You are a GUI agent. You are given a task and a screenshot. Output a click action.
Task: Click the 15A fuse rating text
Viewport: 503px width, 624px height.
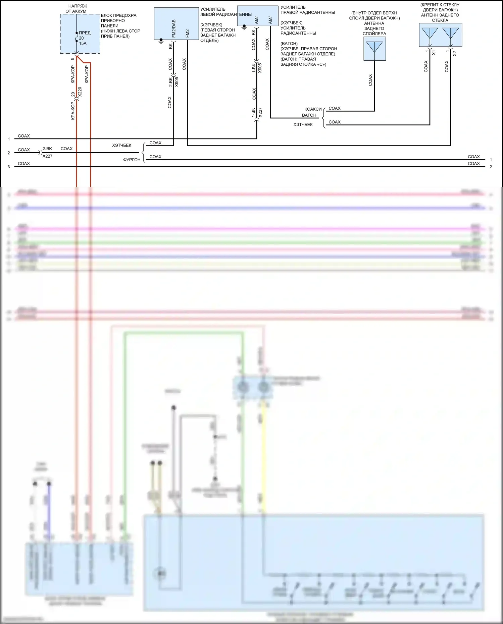[x=83, y=43]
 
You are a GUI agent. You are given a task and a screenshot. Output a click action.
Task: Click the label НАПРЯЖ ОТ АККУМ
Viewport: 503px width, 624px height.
[x=78, y=9]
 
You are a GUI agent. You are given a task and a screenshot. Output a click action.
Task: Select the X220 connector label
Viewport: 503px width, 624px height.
[x=80, y=92]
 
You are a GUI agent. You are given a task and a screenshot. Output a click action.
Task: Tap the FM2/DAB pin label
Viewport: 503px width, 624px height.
[x=174, y=29]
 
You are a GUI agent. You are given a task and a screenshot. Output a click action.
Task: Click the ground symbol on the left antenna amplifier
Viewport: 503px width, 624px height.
[x=161, y=41]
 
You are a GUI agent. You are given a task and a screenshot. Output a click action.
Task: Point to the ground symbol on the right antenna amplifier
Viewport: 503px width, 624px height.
[x=244, y=27]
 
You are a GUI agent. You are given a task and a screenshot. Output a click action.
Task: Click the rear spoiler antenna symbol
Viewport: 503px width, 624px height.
[x=374, y=47]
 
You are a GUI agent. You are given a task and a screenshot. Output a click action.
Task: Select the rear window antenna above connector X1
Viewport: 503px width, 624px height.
[x=430, y=34]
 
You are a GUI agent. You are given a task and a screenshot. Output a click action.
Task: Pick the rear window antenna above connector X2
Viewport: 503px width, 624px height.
[x=450, y=34]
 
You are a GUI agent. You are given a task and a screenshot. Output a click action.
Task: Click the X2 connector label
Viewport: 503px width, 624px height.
[x=455, y=53]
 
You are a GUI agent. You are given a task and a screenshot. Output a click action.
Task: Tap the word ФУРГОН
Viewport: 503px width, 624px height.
[x=132, y=160]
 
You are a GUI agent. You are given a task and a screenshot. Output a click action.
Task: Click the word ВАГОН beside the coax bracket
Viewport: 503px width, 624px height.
[x=309, y=115]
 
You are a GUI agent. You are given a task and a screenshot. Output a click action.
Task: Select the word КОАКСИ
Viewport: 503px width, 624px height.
[x=313, y=109]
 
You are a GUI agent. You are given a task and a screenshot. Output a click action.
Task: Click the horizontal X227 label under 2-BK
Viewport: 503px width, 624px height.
[x=47, y=156]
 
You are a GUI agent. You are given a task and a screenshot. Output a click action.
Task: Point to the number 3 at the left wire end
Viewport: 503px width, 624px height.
[x=9, y=167]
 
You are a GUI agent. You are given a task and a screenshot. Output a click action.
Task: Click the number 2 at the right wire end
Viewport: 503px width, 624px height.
[x=491, y=167]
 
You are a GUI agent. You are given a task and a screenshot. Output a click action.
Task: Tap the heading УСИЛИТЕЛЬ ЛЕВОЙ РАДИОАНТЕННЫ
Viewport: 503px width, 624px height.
[x=225, y=12]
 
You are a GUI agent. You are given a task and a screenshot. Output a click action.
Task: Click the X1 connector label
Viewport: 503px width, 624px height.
[x=434, y=53]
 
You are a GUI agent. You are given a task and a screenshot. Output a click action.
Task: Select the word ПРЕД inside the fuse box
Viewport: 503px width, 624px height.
[x=85, y=33]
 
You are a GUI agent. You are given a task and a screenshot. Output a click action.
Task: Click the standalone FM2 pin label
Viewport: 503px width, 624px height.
[x=188, y=33]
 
